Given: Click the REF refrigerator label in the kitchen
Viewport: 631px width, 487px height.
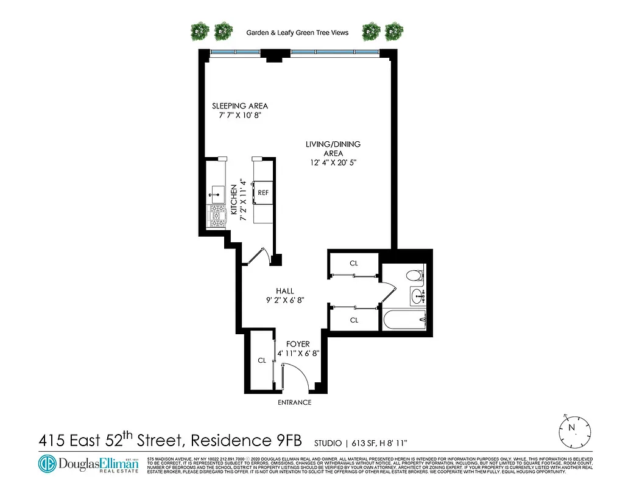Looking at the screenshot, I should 263,192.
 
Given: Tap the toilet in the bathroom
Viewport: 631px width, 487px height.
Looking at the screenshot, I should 414,275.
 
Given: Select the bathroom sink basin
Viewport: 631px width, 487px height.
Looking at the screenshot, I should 417,297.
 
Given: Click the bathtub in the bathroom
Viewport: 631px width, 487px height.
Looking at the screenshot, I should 403,320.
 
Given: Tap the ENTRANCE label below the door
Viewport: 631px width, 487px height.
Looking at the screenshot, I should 294,402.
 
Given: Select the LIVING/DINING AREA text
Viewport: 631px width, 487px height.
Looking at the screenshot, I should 333,149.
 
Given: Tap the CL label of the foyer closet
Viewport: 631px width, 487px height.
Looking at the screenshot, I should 262,360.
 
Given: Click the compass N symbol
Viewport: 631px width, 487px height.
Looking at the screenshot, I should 571,428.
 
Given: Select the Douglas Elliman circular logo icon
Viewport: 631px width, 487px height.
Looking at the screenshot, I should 47,464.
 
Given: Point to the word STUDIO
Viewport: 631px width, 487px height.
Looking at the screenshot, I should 328,443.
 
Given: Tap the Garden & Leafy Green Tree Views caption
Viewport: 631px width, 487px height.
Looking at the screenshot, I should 297,32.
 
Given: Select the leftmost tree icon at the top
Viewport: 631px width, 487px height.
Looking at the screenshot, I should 200,30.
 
